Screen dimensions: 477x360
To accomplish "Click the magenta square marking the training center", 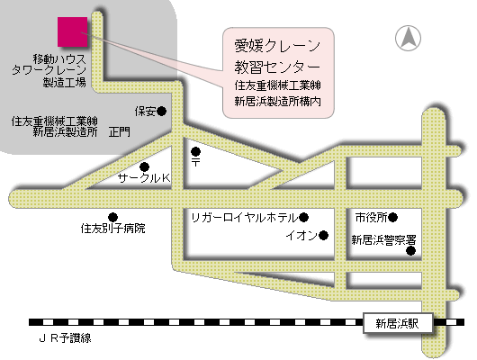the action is click(x=73, y=32).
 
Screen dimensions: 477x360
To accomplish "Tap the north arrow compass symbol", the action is click(x=408, y=39).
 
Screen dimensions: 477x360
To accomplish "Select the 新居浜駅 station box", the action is click(x=398, y=323).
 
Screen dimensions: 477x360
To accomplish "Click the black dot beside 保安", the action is click(x=161, y=111).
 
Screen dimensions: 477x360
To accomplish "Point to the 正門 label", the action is click(x=120, y=132).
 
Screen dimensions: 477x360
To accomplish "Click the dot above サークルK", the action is click(x=144, y=166).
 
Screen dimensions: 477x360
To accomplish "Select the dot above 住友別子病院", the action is click(x=112, y=217).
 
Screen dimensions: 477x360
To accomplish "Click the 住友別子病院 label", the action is click(x=112, y=229).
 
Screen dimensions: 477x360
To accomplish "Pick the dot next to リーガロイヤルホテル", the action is click(x=303, y=217).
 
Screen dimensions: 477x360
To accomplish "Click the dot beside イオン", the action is click(x=323, y=235).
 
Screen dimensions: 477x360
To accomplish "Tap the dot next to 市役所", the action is click(x=392, y=217).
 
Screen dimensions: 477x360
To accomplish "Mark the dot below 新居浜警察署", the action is click(x=411, y=251).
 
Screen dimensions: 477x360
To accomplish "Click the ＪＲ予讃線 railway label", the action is click(x=65, y=338).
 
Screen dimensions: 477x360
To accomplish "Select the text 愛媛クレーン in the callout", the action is click(x=277, y=46).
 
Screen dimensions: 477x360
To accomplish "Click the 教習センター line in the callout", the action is click(x=277, y=67).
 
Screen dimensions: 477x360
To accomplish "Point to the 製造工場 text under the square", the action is click(x=65, y=82).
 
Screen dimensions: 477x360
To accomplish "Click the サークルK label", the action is click(x=144, y=178).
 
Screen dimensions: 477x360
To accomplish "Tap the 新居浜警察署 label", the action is click(x=383, y=239).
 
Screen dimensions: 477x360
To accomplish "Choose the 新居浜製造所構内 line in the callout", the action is click(x=277, y=102).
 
